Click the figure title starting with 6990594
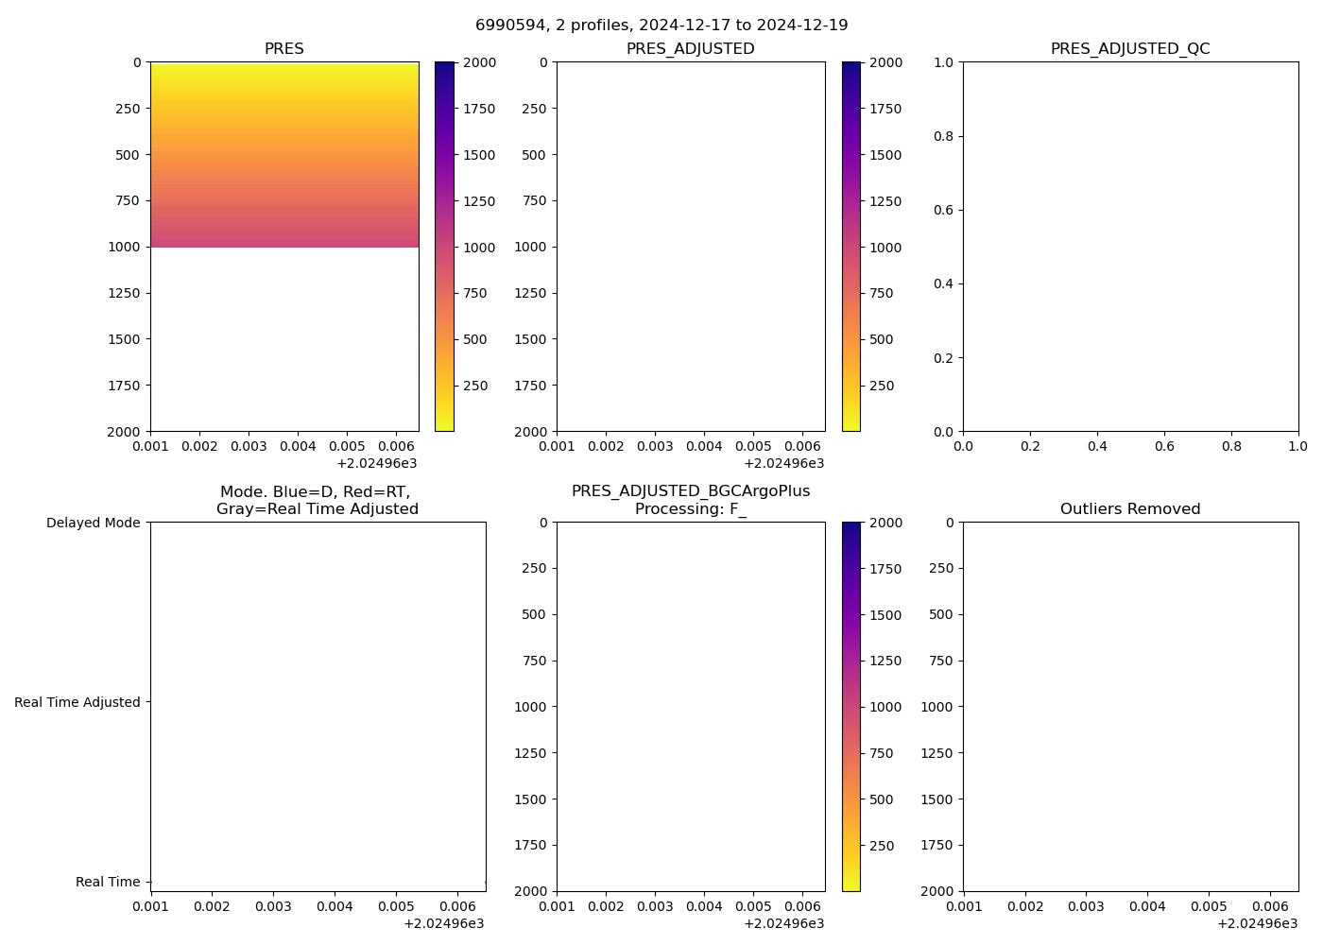tap(661, 26)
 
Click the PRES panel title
tap(284, 49)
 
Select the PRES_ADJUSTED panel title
tap(691, 49)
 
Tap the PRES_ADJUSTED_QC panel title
tap(1130, 49)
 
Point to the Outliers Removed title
tap(1130, 509)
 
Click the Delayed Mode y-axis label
tap(93, 523)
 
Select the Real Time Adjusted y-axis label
tap(77, 702)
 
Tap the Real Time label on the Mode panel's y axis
tap(108, 882)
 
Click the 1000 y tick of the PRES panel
tap(123, 247)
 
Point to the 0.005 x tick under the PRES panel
tap(346, 446)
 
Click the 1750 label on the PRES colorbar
tap(478, 109)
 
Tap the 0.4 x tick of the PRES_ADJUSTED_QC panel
tap(1097, 446)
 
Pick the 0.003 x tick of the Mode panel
tap(273, 906)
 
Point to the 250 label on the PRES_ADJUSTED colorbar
tap(881, 386)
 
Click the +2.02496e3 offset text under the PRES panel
tap(376, 463)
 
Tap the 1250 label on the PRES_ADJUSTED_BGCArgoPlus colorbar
tap(885, 661)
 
